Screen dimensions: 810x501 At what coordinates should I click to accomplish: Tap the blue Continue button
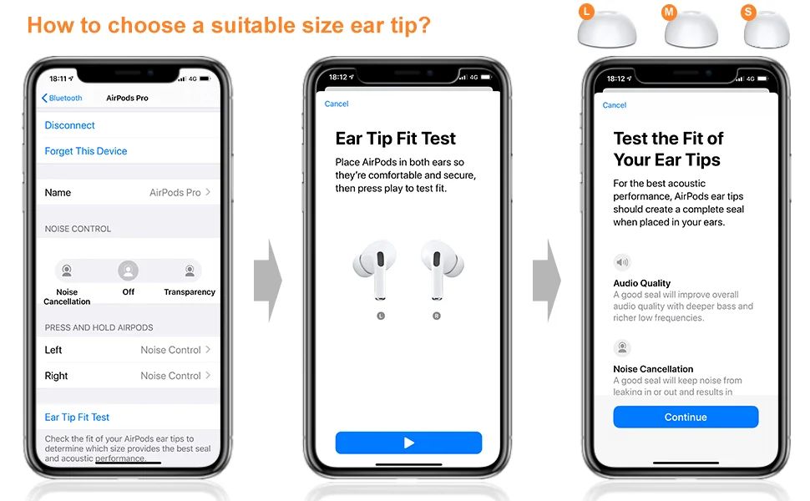pyautogui.click(x=686, y=417)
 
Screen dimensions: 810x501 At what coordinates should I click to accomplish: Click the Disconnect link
pyautogui.click(x=70, y=125)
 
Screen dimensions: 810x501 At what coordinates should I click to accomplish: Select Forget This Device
pyautogui.click(x=86, y=151)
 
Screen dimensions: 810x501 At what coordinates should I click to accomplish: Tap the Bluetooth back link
pyautogui.click(x=62, y=98)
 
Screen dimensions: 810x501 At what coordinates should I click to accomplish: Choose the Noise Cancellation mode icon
pyautogui.click(x=67, y=271)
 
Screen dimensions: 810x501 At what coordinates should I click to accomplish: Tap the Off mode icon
pyautogui.click(x=128, y=271)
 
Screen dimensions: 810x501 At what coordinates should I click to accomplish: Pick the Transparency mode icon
pyautogui.click(x=190, y=271)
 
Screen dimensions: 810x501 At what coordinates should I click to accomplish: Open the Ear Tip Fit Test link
pyautogui.click(x=77, y=417)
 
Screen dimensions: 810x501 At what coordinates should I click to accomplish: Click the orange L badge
pyautogui.click(x=586, y=12)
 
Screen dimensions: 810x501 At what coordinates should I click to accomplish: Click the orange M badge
pyautogui.click(x=669, y=12)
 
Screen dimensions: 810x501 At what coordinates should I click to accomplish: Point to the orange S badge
pyautogui.click(x=748, y=12)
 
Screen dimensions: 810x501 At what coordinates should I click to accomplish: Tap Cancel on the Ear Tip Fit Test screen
pyautogui.click(x=337, y=104)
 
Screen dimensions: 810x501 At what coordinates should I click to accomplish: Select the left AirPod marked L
pyautogui.click(x=376, y=269)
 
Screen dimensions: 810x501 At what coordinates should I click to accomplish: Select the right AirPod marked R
pyautogui.click(x=442, y=269)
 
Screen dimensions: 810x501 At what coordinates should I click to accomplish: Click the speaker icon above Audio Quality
pyautogui.click(x=622, y=262)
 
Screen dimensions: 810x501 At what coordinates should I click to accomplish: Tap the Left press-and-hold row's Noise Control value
pyautogui.click(x=170, y=350)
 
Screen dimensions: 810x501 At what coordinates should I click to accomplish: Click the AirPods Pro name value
pyautogui.click(x=175, y=192)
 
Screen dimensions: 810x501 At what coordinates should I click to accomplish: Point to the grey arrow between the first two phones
pyautogui.click(x=267, y=281)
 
